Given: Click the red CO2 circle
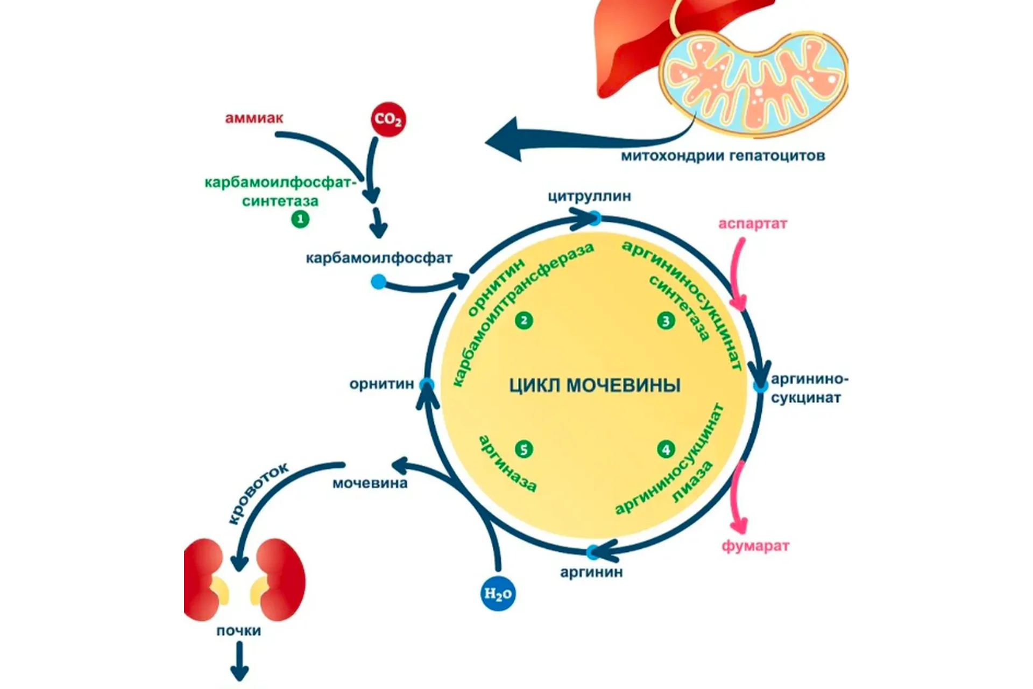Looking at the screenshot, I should (x=388, y=119).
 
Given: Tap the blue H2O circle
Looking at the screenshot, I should (x=498, y=594).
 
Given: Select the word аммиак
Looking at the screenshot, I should (x=254, y=118).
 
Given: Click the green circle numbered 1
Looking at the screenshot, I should (x=300, y=219).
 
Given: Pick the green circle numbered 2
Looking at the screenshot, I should (x=523, y=321).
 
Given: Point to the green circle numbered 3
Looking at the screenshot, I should (x=666, y=321).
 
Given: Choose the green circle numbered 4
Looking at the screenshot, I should (x=666, y=449).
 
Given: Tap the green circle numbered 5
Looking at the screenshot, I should (x=523, y=449).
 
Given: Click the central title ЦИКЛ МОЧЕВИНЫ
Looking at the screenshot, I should (x=595, y=385).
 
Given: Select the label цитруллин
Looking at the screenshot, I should (x=589, y=196).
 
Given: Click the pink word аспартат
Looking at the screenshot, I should (x=752, y=223).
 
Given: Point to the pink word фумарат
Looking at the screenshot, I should (x=755, y=546).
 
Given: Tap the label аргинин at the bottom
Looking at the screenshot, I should (x=591, y=572).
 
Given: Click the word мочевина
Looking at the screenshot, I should (x=370, y=483).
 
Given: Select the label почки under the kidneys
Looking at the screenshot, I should (x=238, y=630).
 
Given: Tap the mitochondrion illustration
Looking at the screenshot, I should (x=753, y=81).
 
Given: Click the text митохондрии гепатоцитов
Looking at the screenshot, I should (x=723, y=156).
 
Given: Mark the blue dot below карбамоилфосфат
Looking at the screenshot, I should (x=379, y=281).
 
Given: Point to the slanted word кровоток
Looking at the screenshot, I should (x=257, y=493).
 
